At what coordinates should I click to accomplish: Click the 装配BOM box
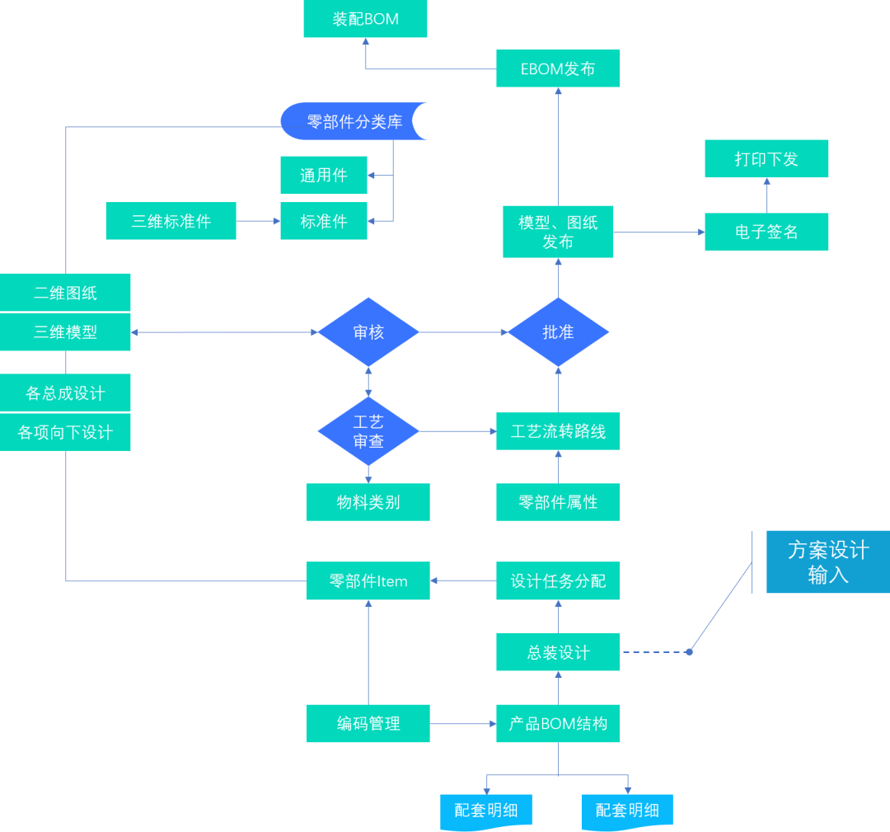pyautogui.click(x=365, y=19)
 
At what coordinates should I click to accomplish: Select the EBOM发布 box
pyautogui.click(x=558, y=68)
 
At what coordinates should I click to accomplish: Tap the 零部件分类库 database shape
pyautogui.click(x=354, y=121)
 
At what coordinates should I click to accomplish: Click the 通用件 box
pyautogui.click(x=324, y=175)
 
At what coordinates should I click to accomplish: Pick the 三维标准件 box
pyautogui.click(x=171, y=221)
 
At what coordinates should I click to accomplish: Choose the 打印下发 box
pyautogui.click(x=766, y=158)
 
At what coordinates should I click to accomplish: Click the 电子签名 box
pyautogui.click(x=766, y=232)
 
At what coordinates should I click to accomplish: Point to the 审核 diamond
pyautogui.click(x=368, y=332)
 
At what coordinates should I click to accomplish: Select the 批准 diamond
pyautogui.click(x=558, y=332)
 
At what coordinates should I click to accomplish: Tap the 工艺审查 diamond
pyautogui.click(x=368, y=431)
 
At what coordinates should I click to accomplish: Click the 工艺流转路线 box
pyautogui.click(x=558, y=431)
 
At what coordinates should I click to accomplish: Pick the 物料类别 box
pyautogui.click(x=368, y=502)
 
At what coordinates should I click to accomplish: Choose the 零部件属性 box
pyautogui.click(x=558, y=502)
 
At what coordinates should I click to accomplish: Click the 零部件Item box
pyautogui.click(x=368, y=581)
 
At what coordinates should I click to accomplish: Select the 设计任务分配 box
pyautogui.click(x=558, y=581)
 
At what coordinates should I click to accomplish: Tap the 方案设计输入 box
pyautogui.click(x=827, y=562)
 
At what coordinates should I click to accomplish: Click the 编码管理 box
pyautogui.click(x=368, y=723)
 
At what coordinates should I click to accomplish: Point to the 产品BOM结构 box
pyautogui.click(x=558, y=723)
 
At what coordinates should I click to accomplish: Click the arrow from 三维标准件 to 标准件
pyautogui.click(x=258, y=221)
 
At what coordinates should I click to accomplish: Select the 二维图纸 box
pyautogui.click(x=65, y=293)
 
